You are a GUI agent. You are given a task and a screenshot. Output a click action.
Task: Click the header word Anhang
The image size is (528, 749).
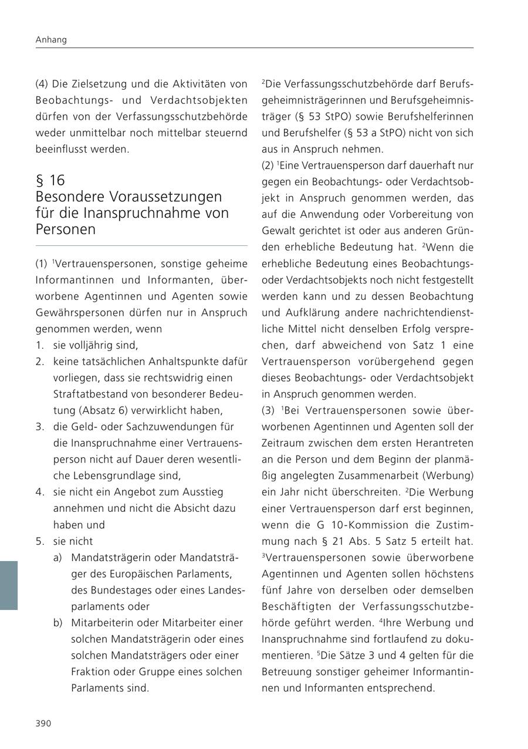tap(51, 40)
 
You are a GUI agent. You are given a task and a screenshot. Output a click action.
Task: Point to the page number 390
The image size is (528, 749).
tap(43, 723)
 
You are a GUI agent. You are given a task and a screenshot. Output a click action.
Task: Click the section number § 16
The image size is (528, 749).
tap(50, 180)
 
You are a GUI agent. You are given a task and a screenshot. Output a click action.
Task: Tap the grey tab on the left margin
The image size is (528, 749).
tap(9, 585)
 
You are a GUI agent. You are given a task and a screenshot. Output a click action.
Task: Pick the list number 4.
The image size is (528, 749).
tap(39, 492)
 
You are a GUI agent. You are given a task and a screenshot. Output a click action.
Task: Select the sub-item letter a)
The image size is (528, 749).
tap(57, 557)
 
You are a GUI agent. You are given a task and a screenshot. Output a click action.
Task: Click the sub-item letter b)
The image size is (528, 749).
tap(57, 622)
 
